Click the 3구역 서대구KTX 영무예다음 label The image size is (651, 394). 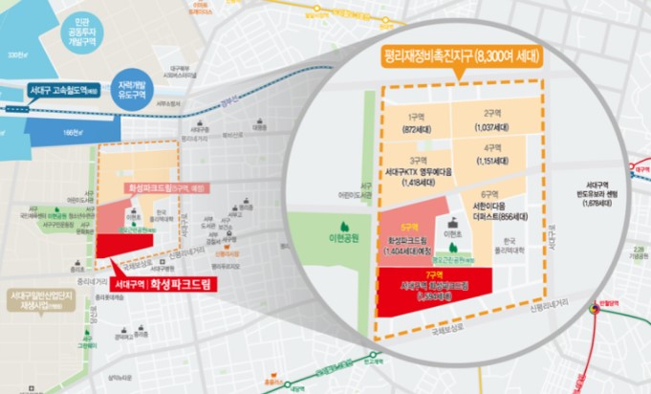coord(419,169)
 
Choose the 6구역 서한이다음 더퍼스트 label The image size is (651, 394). coord(493,210)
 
